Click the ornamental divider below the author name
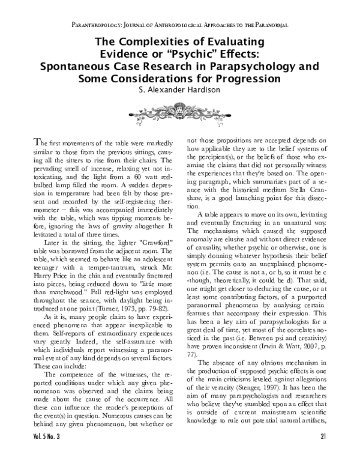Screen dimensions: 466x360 pyautogui.click(x=179, y=110)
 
